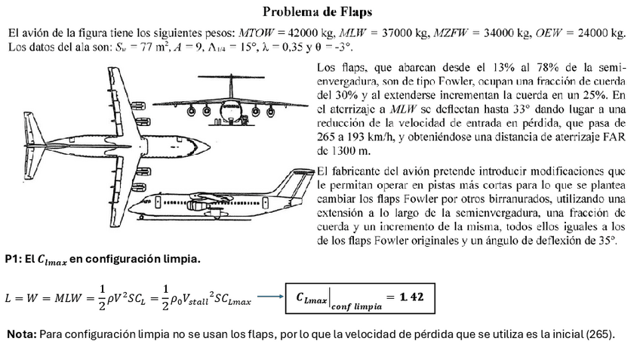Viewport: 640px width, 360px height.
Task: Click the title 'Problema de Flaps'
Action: pyautogui.click(x=316, y=12)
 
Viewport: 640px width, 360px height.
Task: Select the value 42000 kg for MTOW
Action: pyautogui.click(x=309, y=33)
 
